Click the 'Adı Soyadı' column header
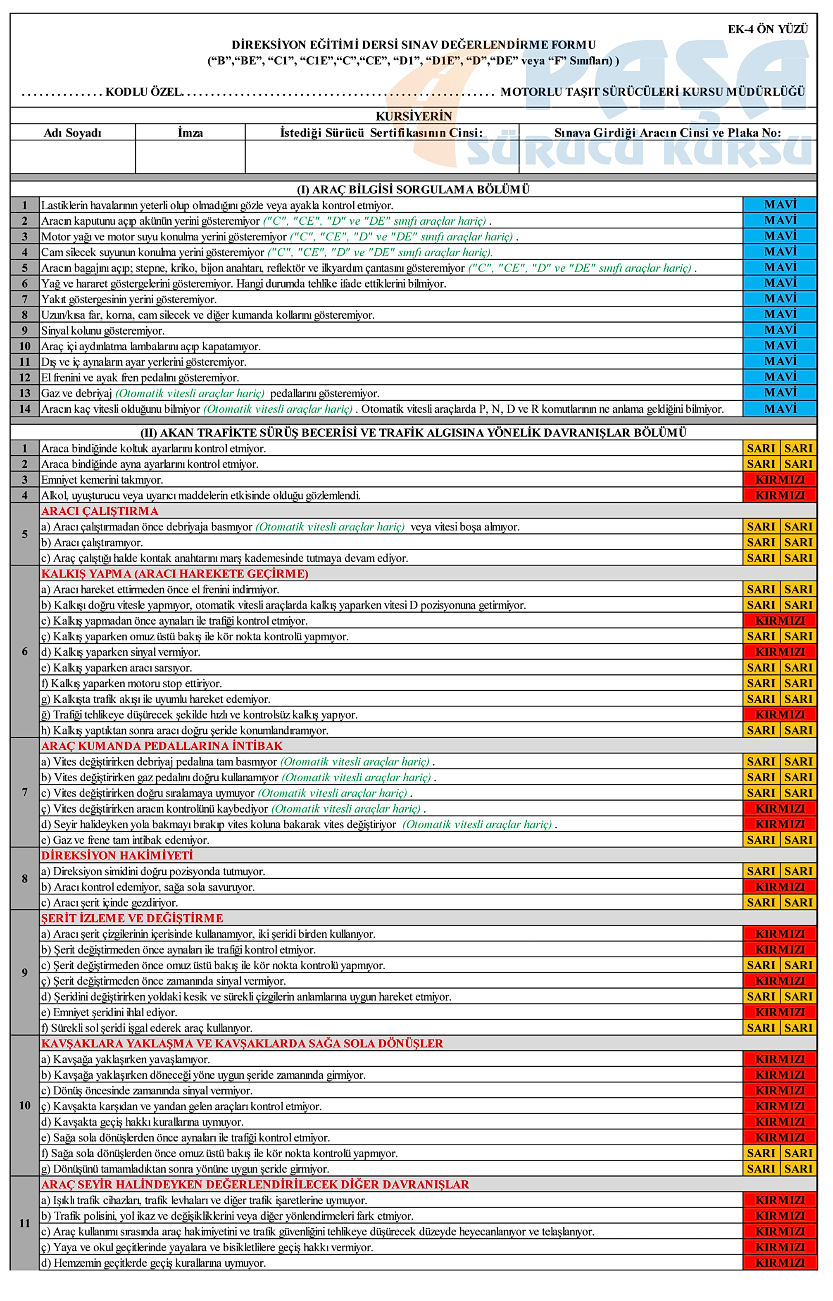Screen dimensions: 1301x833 click(x=72, y=133)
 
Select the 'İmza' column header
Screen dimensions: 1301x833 click(x=190, y=133)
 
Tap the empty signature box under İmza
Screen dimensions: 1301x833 click(x=190, y=157)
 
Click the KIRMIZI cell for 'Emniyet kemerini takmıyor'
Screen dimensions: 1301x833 click(x=780, y=480)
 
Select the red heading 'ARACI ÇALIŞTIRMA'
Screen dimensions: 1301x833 click(x=100, y=511)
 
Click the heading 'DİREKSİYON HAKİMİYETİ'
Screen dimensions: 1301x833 click(x=117, y=856)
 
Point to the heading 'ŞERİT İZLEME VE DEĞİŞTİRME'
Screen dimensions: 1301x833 click(x=133, y=918)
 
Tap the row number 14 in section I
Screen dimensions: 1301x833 click(x=25, y=409)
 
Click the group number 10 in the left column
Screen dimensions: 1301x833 click(x=25, y=1105)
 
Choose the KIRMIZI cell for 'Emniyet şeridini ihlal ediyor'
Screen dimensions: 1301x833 click(x=780, y=1012)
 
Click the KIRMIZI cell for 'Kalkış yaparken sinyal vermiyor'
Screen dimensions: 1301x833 click(x=780, y=652)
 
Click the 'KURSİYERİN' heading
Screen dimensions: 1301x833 click(x=414, y=116)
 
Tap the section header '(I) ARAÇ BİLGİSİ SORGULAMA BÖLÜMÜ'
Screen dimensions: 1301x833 click(x=414, y=189)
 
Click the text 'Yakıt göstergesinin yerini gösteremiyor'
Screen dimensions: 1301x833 click(x=129, y=300)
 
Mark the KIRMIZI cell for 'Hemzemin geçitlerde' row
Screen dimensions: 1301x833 click(x=780, y=1263)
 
